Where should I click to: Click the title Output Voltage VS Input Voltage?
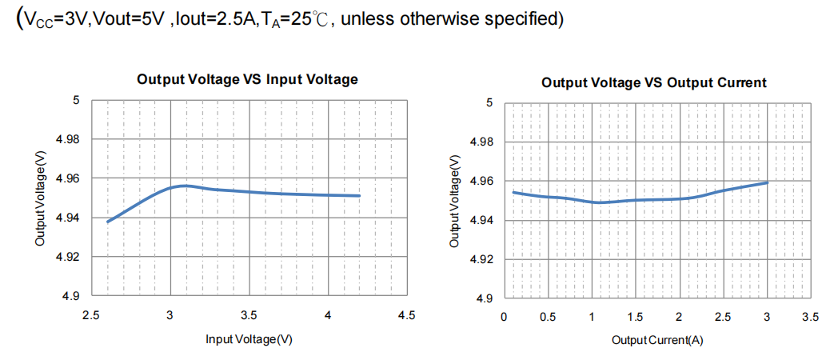[247, 79]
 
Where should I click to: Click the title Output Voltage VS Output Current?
[653, 82]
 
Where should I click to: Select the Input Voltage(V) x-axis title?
[249, 339]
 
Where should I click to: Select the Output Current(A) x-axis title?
[657, 340]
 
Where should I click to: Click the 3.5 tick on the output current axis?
[810, 318]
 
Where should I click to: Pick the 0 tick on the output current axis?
[503, 318]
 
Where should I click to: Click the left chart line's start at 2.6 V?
[107, 222]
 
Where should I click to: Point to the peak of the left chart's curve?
[186, 186]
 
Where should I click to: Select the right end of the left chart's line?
[360, 196]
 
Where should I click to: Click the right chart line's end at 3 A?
[767, 182]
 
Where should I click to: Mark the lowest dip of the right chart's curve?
[597, 202]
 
